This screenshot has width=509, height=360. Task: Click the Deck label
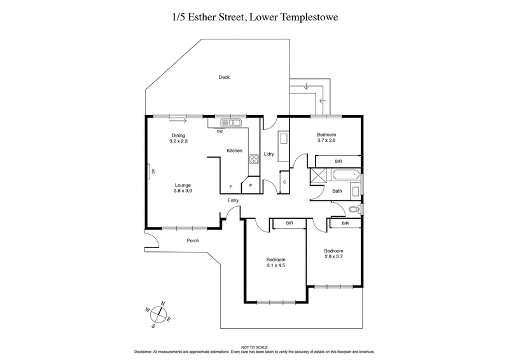(x=224, y=78)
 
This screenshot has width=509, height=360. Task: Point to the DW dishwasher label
(x=220, y=132)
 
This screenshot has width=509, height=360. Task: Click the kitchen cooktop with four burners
(x=253, y=161)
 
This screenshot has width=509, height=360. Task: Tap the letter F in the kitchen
(x=230, y=187)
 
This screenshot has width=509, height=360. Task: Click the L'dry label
(x=268, y=155)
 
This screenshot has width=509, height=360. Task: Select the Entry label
(x=234, y=201)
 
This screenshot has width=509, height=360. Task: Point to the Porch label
(x=193, y=241)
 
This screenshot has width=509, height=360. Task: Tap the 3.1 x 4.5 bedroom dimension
(x=275, y=265)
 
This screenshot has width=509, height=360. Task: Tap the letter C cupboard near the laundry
(x=284, y=183)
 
